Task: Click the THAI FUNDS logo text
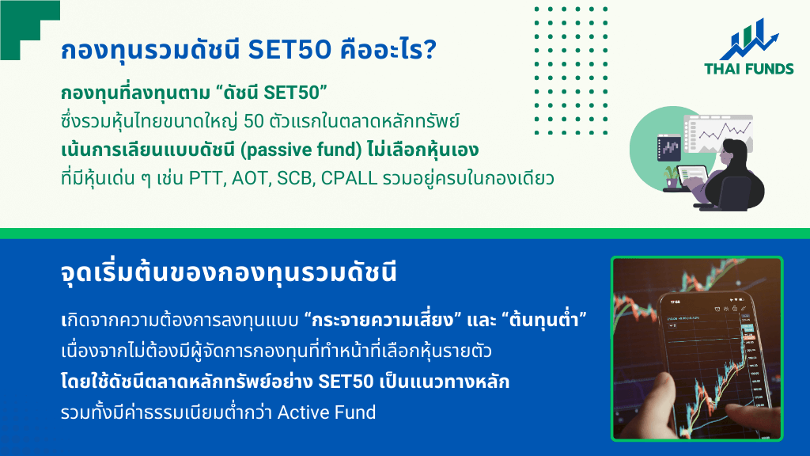(748, 69)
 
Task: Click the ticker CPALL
(349, 178)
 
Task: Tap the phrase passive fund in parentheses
(301, 150)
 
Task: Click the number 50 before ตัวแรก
(254, 121)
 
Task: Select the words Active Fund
(327, 412)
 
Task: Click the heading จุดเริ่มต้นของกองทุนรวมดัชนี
(229, 272)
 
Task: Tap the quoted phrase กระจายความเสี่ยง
(383, 320)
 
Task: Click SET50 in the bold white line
(346, 382)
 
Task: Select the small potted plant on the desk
(671, 177)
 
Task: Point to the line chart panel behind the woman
(718, 133)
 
